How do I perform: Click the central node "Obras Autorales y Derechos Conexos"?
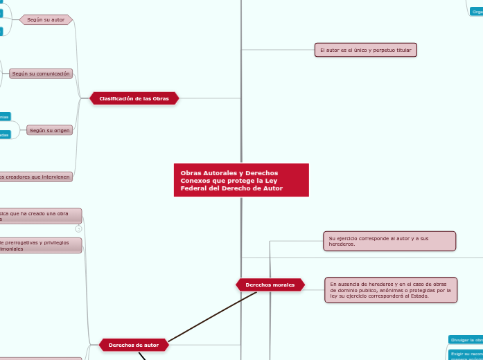[x=240, y=180]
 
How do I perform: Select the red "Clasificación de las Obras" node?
[x=134, y=98]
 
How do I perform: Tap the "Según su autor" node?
[x=46, y=19]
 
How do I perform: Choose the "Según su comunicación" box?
[x=41, y=73]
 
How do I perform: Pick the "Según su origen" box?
[x=50, y=129]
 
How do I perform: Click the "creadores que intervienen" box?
[x=35, y=177]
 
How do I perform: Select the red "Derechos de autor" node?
[x=134, y=344]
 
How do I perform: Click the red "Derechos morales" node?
[x=270, y=285]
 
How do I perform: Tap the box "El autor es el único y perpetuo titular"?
[x=366, y=50]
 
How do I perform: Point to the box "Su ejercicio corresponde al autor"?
[x=389, y=241]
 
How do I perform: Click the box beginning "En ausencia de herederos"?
[x=391, y=289]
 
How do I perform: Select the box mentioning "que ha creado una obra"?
[x=40, y=215]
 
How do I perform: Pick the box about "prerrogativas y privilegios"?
[x=40, y=245]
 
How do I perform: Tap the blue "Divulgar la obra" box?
[x=466, y=340]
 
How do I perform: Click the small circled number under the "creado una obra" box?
[x=78, y=228]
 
